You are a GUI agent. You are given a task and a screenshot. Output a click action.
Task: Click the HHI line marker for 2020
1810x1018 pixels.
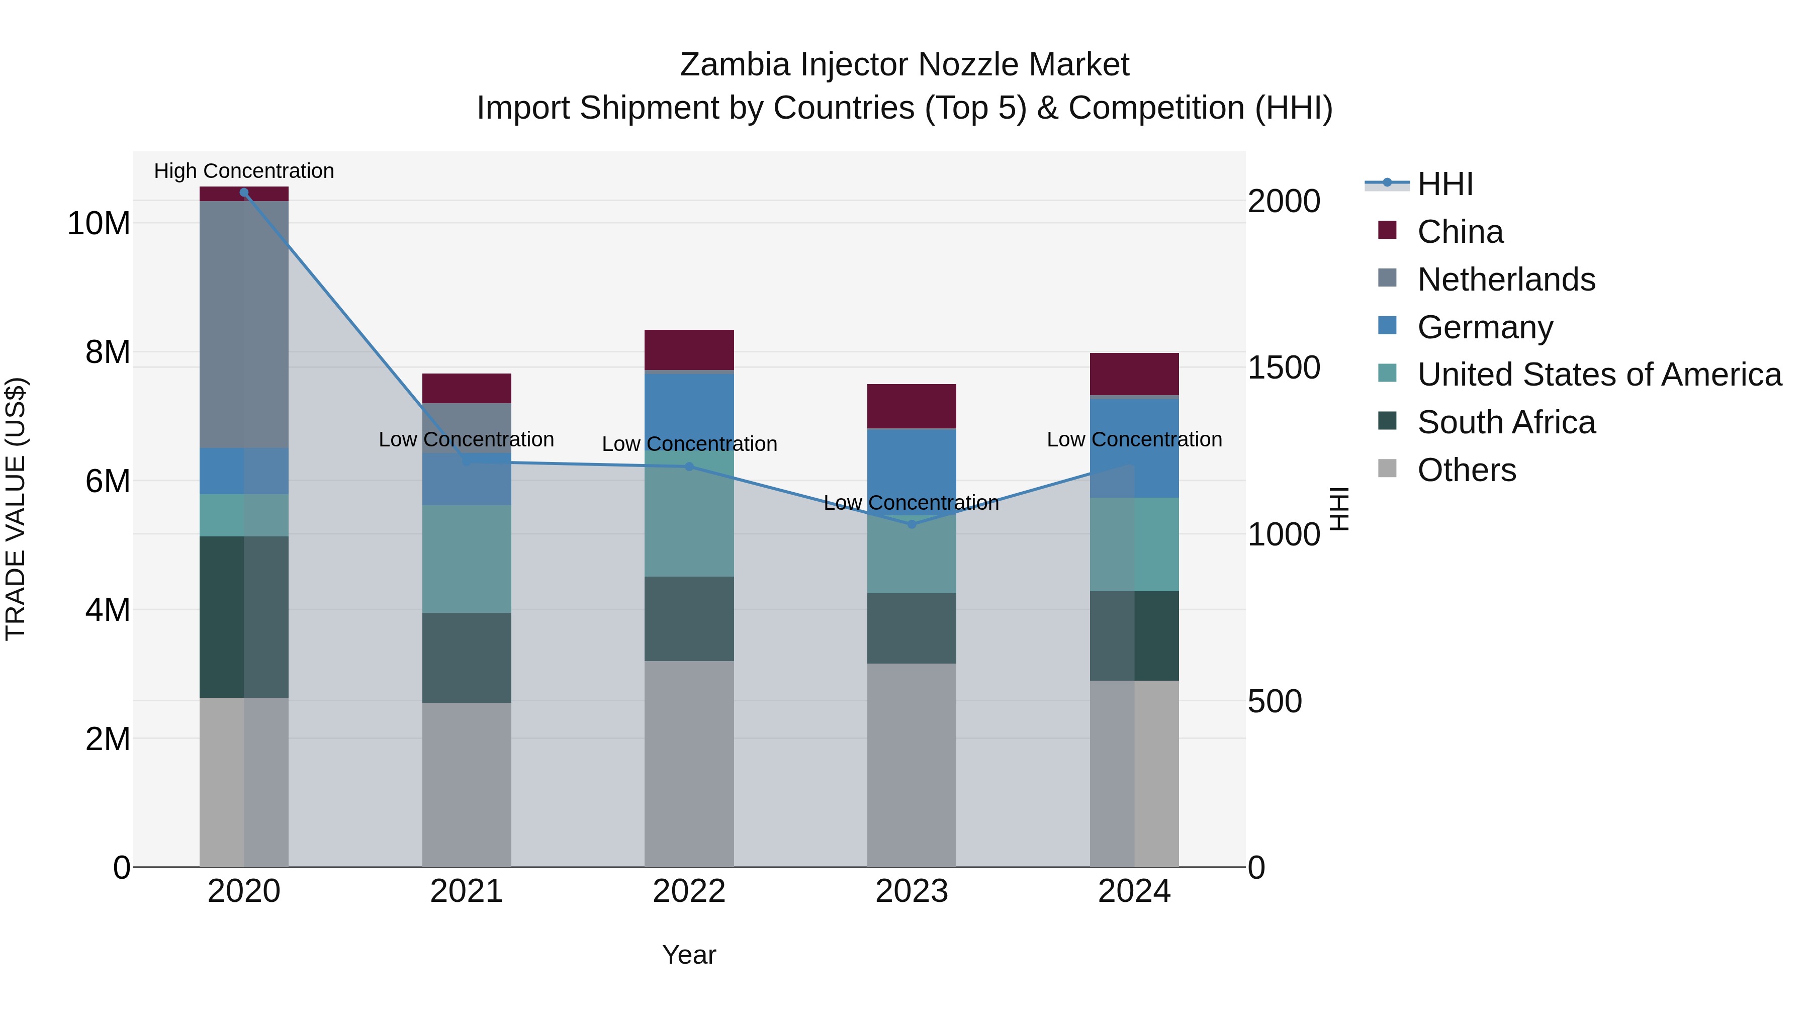244,193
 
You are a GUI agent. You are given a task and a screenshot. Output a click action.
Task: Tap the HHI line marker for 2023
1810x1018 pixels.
912,524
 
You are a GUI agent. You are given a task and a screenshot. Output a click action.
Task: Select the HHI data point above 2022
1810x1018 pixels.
689,467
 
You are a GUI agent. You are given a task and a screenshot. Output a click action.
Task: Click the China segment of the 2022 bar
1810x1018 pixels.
689,350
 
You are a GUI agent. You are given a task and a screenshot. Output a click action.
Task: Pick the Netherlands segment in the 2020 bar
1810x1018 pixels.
244,324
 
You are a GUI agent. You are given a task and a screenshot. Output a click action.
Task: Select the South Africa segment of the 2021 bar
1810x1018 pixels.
466,658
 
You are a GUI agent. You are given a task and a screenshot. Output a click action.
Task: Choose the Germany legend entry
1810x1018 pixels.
1485,327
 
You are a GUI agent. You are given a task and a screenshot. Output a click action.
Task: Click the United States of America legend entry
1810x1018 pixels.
1598,375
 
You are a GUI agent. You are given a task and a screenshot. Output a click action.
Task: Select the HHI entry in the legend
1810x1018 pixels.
1444,184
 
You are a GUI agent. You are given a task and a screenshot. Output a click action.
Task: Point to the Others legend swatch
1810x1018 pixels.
1387,468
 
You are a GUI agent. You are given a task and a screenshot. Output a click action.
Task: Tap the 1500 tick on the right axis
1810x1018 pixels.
1283,368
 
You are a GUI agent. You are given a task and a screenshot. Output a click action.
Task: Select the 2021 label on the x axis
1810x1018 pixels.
466,891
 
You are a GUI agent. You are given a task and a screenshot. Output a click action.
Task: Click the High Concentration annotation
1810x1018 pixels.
244,171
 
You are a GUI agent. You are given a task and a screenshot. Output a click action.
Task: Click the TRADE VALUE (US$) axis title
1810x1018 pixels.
16,509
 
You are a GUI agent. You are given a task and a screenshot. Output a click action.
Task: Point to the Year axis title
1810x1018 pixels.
689,955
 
